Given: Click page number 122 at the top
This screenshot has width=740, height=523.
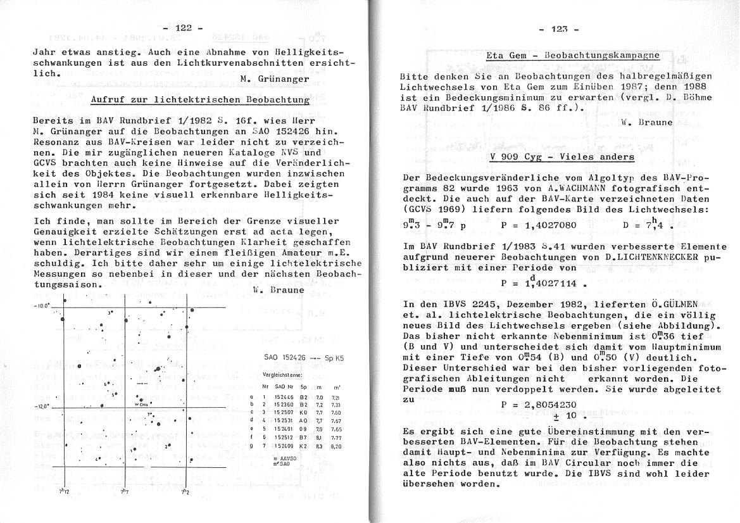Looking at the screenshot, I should (x=183, y=28).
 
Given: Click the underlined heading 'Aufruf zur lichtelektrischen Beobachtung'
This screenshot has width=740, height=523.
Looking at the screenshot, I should (x=200, y=99).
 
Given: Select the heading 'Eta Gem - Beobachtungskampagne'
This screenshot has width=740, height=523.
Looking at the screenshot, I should (x=572, y=55).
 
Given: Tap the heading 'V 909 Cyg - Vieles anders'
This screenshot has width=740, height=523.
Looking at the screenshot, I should (x=562, y=156).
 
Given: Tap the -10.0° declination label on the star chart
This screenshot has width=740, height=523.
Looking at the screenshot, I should (x=42, y=306).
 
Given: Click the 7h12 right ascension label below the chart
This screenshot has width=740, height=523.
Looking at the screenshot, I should (x=64, y=491).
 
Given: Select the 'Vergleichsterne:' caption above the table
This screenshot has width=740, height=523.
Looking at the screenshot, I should (x=281, y=375).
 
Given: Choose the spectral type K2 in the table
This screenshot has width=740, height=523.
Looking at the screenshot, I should (x=303, y=446).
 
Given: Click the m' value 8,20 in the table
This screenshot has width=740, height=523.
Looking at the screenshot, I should (x=337, y=446).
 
